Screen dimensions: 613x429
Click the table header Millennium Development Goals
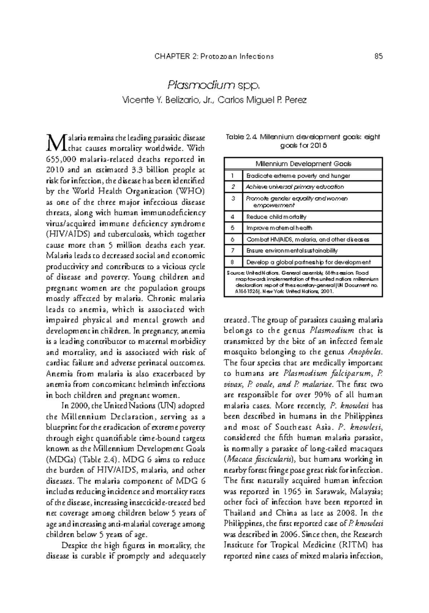pyautogui.click(x=303, y=164)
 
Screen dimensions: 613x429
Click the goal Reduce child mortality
pyautogui.click(x=276, y=217)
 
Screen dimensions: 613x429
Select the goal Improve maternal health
pyautogui.click(x=279, y=228)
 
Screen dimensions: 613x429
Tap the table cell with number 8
pyautogui.click(x=233, y=262)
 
